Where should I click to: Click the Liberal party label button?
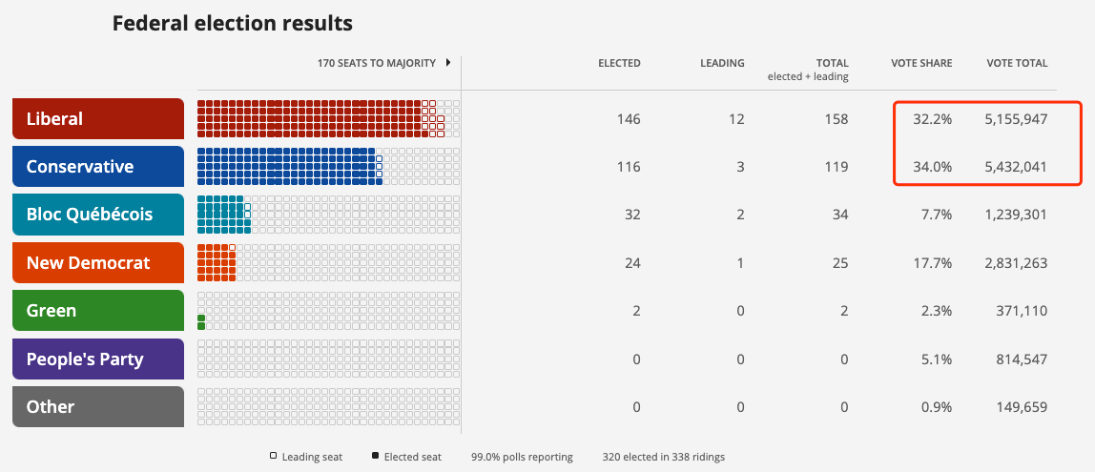point(97,119)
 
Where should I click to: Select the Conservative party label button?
point(97,167)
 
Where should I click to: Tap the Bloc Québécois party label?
point(97,215)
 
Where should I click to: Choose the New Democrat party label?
point(97,263)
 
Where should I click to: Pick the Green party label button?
point(97,311)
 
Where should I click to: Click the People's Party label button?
point(97,359)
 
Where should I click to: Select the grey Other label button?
point(97,407)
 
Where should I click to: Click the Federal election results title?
point(233,23)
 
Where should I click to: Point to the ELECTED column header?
point(619,64)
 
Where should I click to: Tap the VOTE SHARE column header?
point(921,64)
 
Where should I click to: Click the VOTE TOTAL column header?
point(1017,64)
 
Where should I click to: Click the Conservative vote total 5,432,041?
point(1016,167)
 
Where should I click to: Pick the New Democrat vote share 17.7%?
point(932,263)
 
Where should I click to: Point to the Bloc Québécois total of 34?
point(839,215)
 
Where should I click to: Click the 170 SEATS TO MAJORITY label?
point(377,64)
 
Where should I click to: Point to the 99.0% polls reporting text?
point(522,458)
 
